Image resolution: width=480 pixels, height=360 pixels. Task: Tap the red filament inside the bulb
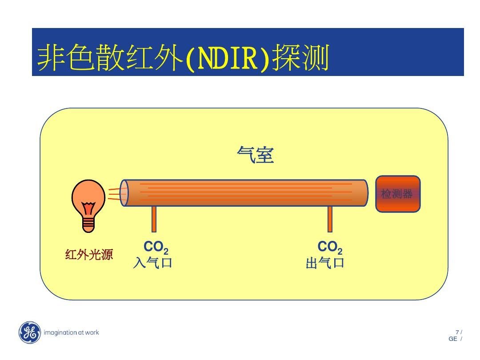point(89,208)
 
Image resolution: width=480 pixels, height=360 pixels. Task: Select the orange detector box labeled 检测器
point(398,194)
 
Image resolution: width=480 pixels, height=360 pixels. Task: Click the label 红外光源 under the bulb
point(89,254)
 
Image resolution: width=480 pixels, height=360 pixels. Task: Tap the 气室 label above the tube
point(255,155)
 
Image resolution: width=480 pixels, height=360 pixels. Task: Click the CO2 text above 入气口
point(156,247)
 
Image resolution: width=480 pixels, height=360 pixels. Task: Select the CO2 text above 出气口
point(330,247)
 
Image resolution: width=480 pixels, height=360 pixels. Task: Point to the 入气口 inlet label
point(153,263)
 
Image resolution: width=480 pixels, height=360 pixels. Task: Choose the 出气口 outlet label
point(325,263)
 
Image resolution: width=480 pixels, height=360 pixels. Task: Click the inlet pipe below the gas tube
point(154,219)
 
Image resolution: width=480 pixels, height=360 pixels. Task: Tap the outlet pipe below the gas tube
point(330,219)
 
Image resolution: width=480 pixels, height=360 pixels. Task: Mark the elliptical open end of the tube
point(124,193)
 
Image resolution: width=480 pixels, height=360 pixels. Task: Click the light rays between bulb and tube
point(114,194)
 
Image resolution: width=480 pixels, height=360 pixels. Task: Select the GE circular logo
point(29,332)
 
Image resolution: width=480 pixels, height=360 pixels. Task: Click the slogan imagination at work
point(71,332)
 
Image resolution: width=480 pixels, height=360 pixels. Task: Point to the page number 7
point(457,332)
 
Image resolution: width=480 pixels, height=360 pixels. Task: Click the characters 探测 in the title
point(301,57)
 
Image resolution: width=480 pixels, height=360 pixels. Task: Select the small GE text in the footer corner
point(453,339)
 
